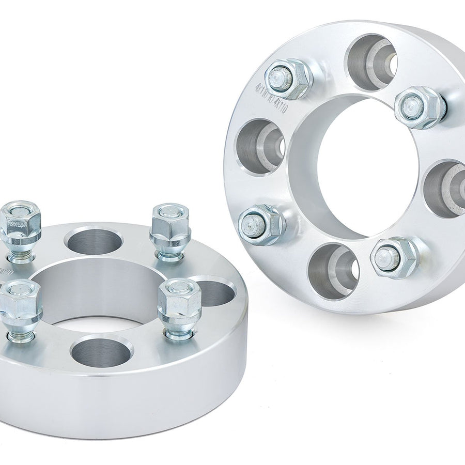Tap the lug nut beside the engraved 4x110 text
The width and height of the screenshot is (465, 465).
click(x=288, y=79)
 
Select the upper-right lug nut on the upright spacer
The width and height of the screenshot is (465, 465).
click(x=420, y=107)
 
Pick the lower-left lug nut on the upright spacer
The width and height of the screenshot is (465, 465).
click(x=261, y=224)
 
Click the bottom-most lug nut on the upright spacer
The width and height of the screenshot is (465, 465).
click(x=394, y=257)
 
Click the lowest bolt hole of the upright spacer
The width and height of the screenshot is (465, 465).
click(x=333, y=271)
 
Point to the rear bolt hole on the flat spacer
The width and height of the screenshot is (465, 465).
click(x=95, y=241)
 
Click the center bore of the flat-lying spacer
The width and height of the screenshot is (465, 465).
click(x=98, y=295)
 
